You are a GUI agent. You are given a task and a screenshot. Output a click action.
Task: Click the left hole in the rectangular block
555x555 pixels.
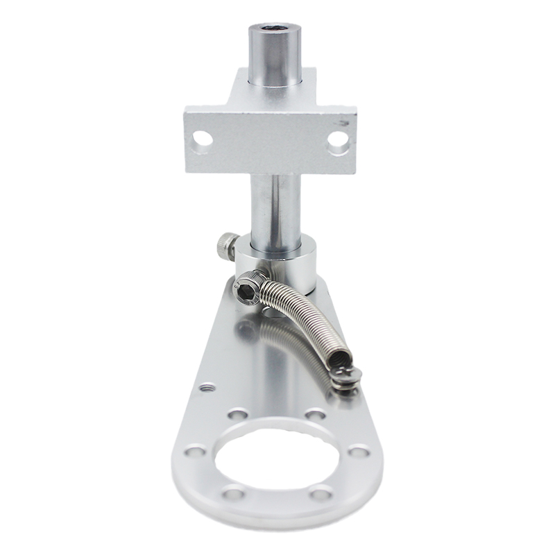point(203,139)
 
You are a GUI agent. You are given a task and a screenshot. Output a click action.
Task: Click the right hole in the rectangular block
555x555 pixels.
point(338,140)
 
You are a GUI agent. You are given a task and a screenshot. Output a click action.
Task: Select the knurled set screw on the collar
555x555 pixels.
point(224,246)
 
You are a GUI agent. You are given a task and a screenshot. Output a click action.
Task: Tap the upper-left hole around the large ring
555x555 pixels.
point(237,415)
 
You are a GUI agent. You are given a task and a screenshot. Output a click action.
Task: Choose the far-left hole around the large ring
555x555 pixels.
point(194,452)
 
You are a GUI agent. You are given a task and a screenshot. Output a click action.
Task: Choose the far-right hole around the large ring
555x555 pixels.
point(359,452)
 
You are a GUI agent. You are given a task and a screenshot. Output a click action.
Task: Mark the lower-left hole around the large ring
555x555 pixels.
point(233,495)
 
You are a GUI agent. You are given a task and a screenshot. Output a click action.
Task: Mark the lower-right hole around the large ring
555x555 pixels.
point(321,494)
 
